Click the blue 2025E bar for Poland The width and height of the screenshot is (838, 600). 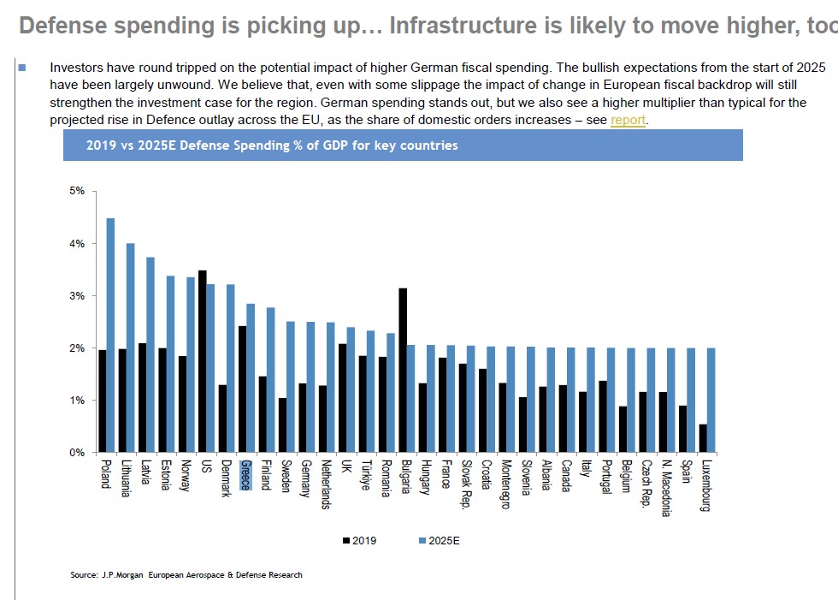[x=110, y=335]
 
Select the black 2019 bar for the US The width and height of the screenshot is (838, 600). [x=202, y=361]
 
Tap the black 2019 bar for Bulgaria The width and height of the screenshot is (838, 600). [x=402, y=370]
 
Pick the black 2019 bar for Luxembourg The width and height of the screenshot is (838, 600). [x=702, y=438]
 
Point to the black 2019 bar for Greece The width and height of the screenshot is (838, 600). [x=242, y=389]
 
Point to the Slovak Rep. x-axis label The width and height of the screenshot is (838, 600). [x=466, y=484]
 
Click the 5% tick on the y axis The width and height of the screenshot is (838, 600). [x=78, y=191]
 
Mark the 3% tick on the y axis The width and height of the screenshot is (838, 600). [x=78, y=296]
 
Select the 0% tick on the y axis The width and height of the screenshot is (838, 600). [x=78, y=452]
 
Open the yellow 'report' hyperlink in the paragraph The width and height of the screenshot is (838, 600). [x=628, y=120]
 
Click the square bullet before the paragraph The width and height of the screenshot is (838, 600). [x=22, y=66]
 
